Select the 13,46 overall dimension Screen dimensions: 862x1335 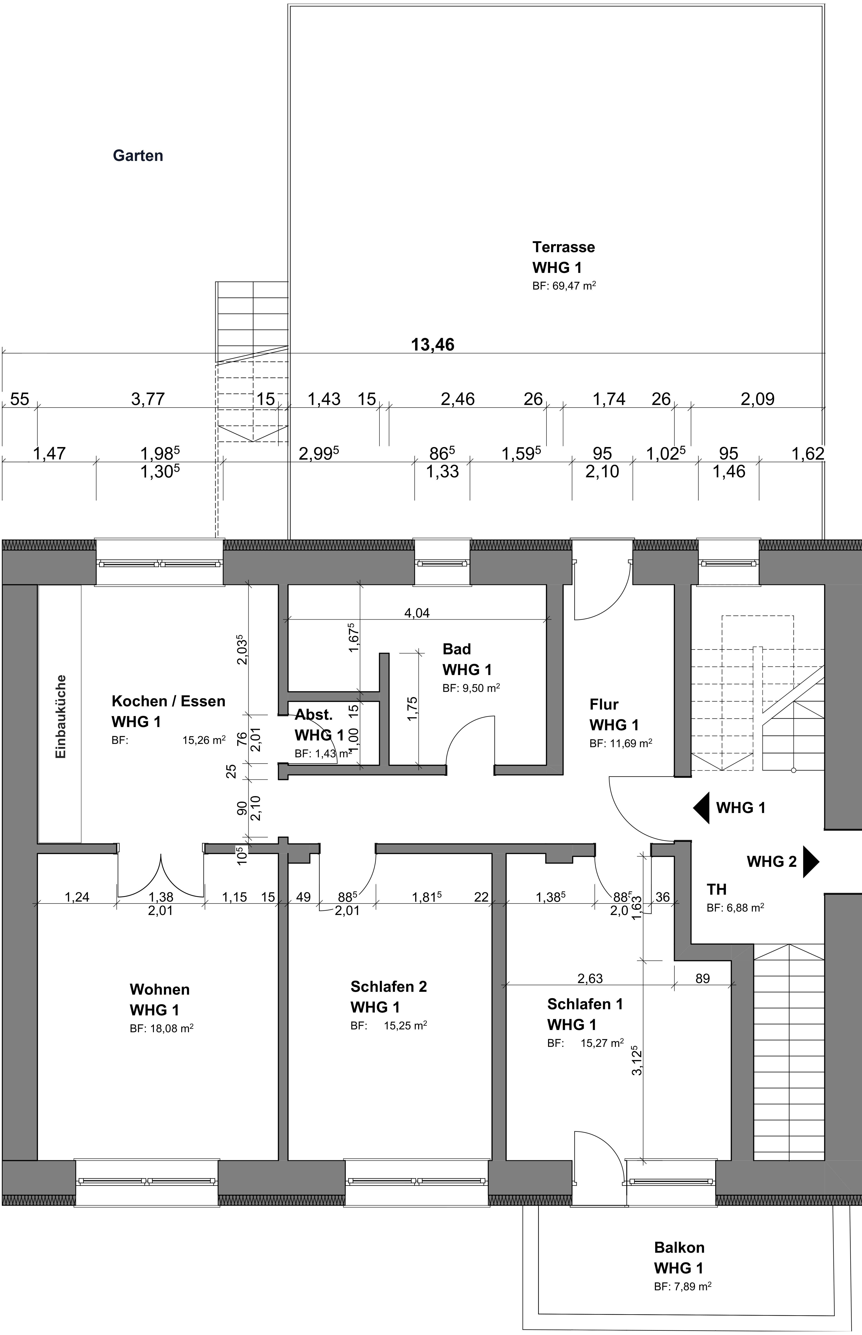click(x=433, y=345)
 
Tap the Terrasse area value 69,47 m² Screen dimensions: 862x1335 click(x=564, y=285)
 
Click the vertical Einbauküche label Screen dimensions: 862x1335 click(x=61, y=717)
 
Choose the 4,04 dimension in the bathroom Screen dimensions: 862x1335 click(x=417, y=613)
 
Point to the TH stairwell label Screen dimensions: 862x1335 click(x=716, y=889)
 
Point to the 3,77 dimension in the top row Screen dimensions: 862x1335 click(x=148, y=399)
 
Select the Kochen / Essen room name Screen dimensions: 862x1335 click(x=169, y=701)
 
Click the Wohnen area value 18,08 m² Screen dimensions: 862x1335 click(x=162, y=1028)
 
